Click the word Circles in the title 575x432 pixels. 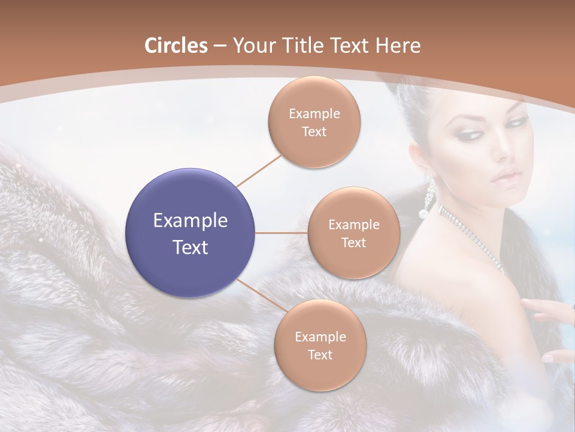(175, 46)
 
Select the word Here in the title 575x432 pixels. (398, 46)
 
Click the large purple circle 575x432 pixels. (190, 233)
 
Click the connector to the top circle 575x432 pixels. (259, 169)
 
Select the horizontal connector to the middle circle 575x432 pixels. (282, 233)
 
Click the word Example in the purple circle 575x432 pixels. (190, 221)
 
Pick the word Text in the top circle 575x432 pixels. (314, 132)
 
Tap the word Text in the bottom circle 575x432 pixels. (320, 355)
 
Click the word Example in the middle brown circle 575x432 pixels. (353, 225)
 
